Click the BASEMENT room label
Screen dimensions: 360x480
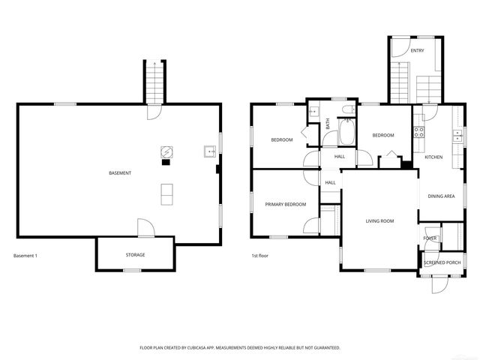click(x=120, y=173)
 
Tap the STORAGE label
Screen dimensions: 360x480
click(x=135, y=255)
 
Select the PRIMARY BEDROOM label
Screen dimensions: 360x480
click(x=286, y=204)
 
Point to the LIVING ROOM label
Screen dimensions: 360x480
click(x=379, y=221)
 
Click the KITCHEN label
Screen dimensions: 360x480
click(x=433, y=157)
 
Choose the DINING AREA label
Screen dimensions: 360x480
click(x=441, y=196)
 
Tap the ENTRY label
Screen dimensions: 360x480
click(x=417, y=50)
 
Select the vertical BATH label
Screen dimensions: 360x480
click(x=328, y=124)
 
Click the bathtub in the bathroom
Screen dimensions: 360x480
click(x=347, y=133)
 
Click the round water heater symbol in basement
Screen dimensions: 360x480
click(x=166, y=151)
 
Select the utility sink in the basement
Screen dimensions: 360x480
click(x=209, y=152)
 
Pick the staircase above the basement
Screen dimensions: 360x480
click(x=153, y=81)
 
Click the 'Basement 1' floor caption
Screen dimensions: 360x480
click(x=25, y=256)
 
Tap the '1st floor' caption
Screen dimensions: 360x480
click(x=259, y=256)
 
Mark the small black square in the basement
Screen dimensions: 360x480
click(x=166, y=161)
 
